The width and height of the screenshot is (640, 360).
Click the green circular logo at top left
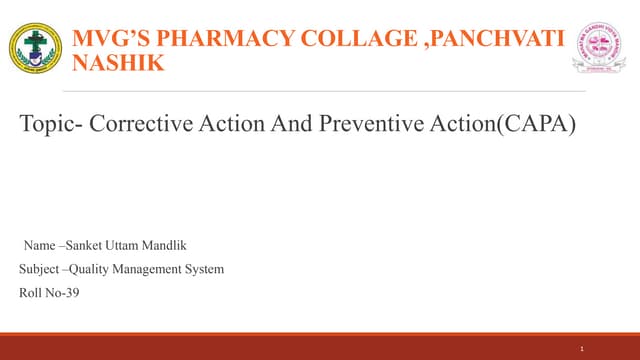[x=35, y=49]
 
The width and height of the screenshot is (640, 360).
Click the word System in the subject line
[x=206, y=268]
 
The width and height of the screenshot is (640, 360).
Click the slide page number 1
[x=582, y=347]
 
